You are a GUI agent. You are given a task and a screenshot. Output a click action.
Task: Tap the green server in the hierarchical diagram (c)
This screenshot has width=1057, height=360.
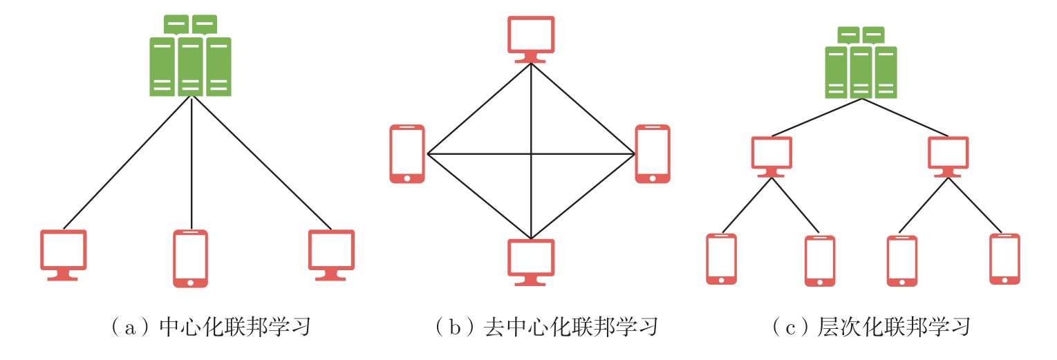[861, 64]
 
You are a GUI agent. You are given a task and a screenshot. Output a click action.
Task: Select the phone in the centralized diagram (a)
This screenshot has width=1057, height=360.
[190, 258]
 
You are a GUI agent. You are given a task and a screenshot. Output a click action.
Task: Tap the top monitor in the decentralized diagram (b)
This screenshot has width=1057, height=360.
[531, 38]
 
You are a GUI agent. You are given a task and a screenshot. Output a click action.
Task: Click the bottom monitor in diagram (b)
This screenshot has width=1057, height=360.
[531, 261]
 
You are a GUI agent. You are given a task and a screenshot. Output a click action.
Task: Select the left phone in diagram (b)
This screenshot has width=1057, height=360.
[407, 153]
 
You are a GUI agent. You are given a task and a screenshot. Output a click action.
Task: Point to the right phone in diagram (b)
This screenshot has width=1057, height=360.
[653, 153]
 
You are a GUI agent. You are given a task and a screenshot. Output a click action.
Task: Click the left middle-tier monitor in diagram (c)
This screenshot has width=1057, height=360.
[771, 155]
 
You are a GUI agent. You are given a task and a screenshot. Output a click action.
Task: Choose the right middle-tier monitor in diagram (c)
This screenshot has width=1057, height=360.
[948, 155]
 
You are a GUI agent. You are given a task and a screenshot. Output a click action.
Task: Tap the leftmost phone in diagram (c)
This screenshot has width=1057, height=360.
[721, 258]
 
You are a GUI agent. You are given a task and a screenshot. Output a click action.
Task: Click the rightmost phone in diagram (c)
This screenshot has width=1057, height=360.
[1004, 258]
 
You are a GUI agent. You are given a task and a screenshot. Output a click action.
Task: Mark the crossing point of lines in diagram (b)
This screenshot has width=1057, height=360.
[531, 153]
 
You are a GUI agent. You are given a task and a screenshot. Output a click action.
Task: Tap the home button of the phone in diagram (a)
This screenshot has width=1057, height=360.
[190, 281]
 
